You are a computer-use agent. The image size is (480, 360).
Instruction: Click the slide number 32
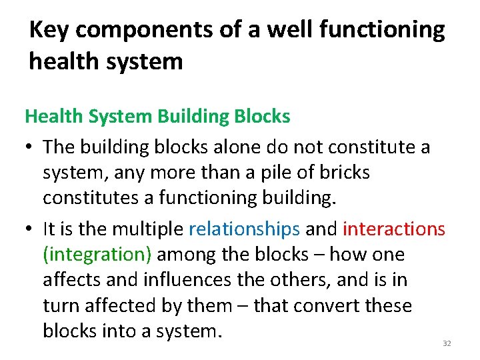[x=447, y=343]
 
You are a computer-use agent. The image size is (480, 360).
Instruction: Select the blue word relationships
[x=244, y=229]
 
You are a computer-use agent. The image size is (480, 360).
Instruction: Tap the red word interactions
[x=393, y=229]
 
